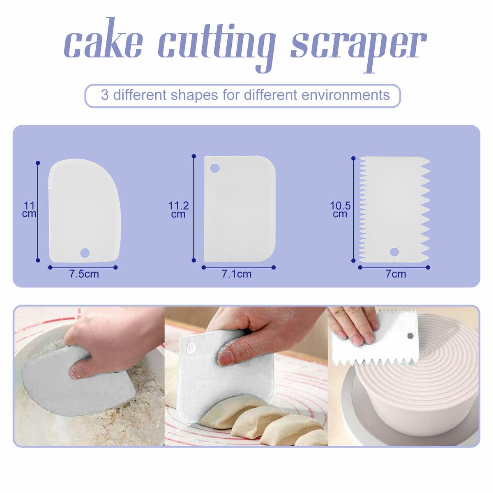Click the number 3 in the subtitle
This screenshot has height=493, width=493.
coord(105,95)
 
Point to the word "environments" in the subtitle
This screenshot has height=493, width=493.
coord(346,95)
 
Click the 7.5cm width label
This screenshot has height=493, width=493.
coord(84,274)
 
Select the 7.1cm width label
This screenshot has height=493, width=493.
coord(236,274)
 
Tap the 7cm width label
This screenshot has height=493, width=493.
coord(396,274)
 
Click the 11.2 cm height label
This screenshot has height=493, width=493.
coord(179,210)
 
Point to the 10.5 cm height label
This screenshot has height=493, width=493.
coord(340,210)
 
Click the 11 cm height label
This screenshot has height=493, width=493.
coord(29,210)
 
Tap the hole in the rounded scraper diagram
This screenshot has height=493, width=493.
coord(85,253)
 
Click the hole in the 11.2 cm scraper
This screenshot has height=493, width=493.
coord(214,168)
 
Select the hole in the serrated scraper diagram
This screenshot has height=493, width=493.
coord(394,252)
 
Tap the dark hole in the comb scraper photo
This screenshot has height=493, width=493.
coord(410,335)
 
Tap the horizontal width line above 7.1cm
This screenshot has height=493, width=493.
coord(238,267)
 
